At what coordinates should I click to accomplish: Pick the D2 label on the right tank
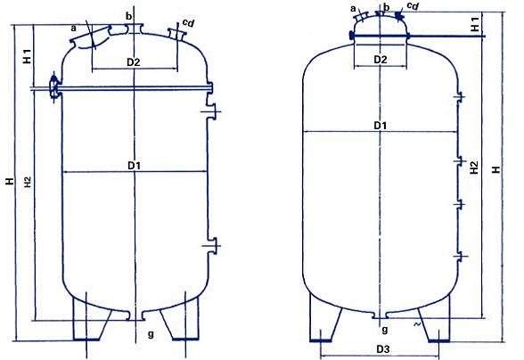(381, 60)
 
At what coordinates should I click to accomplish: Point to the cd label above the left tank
(186, 20)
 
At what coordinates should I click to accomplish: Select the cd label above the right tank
(412, 6)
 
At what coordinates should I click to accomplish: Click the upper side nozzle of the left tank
(214, 110)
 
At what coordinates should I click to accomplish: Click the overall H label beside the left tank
(9, 182)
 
